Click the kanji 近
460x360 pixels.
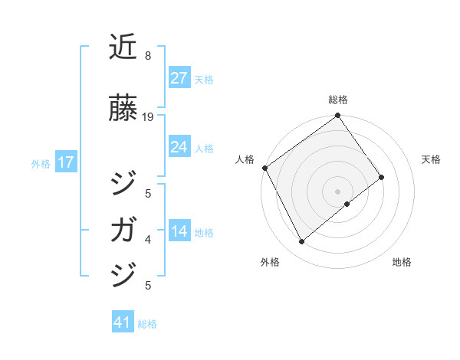123,47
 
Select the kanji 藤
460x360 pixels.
123,110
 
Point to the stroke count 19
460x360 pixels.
148,116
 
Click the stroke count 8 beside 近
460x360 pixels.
147,56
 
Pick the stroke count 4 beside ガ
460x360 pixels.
148,240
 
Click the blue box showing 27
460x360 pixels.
179,78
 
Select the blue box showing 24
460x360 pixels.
179,147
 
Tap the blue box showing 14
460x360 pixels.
179,232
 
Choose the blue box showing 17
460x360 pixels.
65,162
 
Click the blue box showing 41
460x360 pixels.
122,322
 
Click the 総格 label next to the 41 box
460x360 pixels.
147,324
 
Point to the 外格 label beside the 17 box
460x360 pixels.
41,164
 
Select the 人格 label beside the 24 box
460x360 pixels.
204,149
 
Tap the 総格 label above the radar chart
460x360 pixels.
337,100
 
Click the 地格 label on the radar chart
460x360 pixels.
402,262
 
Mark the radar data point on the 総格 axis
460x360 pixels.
337,116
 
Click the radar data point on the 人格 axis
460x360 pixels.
264,168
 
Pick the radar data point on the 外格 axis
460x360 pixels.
301,241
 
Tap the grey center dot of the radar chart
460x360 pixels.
337,191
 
